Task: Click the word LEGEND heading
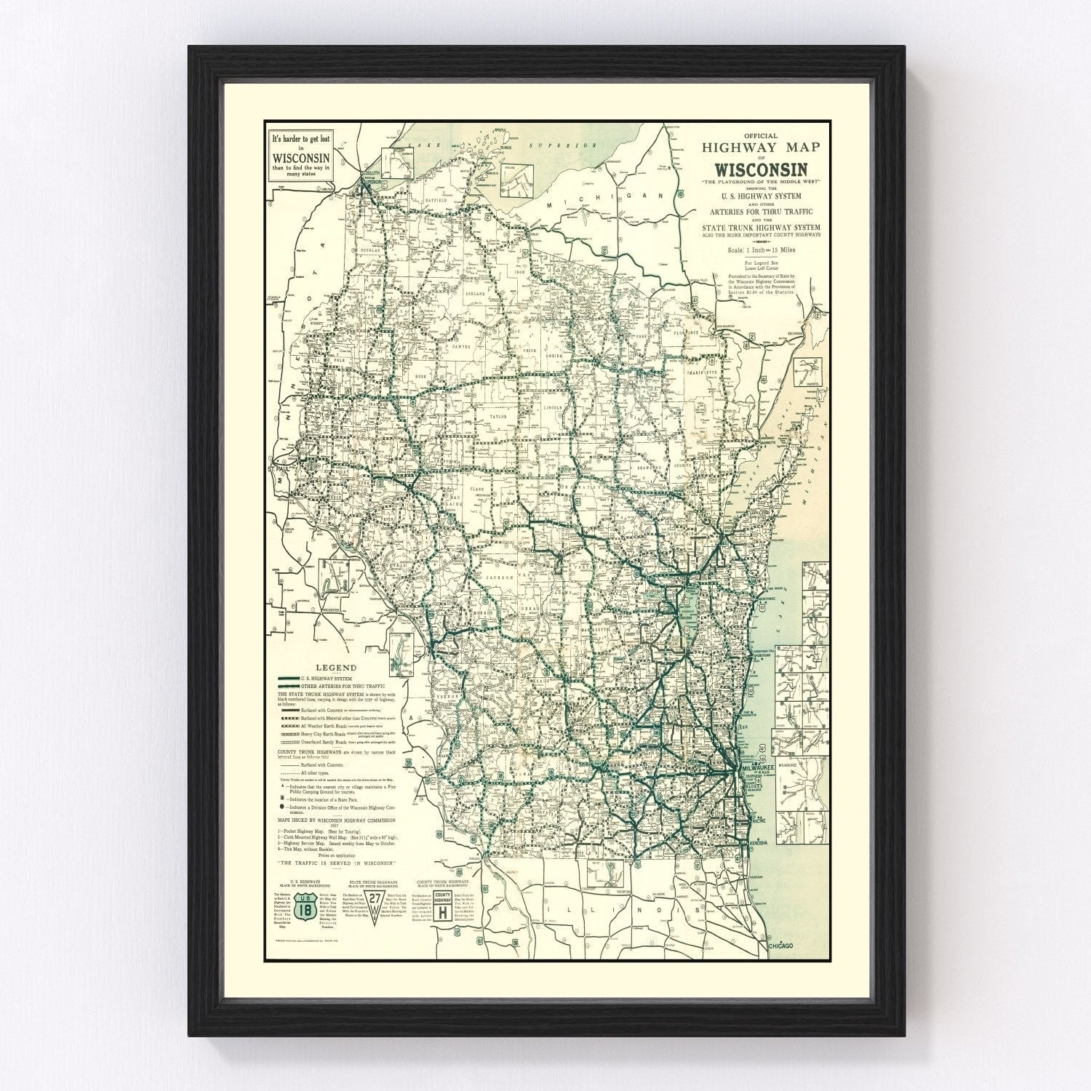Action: click(x=335, y=668)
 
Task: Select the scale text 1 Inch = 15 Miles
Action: click(x=761, y=249)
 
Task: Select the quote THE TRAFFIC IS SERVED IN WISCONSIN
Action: click(x=335, y=862)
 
